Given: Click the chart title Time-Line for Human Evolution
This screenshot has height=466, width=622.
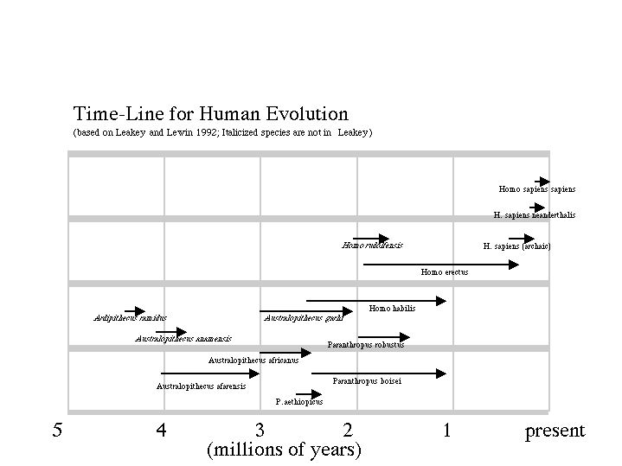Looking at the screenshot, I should click(x=210, y=114).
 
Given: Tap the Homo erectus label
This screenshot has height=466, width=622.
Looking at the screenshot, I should click(x=445, y=272).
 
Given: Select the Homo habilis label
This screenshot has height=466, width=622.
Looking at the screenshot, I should click(x=392, y=309).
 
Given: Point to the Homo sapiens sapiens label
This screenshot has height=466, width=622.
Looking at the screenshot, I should click(x=536, y=189).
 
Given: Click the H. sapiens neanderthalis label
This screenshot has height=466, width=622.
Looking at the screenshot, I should click(x=534, y=215).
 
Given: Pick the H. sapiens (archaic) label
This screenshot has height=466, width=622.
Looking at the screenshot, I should click(x=516, y=246).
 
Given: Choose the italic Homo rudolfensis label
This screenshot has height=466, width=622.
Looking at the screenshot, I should click(x=372, y=246).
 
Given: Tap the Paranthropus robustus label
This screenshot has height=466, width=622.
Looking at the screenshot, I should click(x=365, y=345).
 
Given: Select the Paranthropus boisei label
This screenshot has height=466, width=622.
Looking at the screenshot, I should click(x=367, y=381).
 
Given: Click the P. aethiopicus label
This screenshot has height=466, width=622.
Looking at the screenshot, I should click(x=299, y=402).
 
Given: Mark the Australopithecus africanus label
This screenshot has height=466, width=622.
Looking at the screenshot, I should click(x=253, y=361).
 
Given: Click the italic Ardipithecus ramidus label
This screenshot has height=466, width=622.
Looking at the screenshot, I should click(x=130, y=318).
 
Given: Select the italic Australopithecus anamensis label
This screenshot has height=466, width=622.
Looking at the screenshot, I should click(x=183, y=339).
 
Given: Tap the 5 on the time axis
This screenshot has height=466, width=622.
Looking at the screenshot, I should click(x=57, y=431).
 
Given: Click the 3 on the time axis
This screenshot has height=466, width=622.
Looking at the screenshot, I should click(x=259, y=431).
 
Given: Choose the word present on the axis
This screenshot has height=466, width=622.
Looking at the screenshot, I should click(x=555, y=431).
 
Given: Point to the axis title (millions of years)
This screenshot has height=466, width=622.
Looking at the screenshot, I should click(x=284, y=450).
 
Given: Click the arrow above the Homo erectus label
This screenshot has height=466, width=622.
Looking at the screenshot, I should click(x=441, y=265).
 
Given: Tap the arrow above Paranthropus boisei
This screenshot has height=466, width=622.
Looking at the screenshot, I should click(x=379, y=373).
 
